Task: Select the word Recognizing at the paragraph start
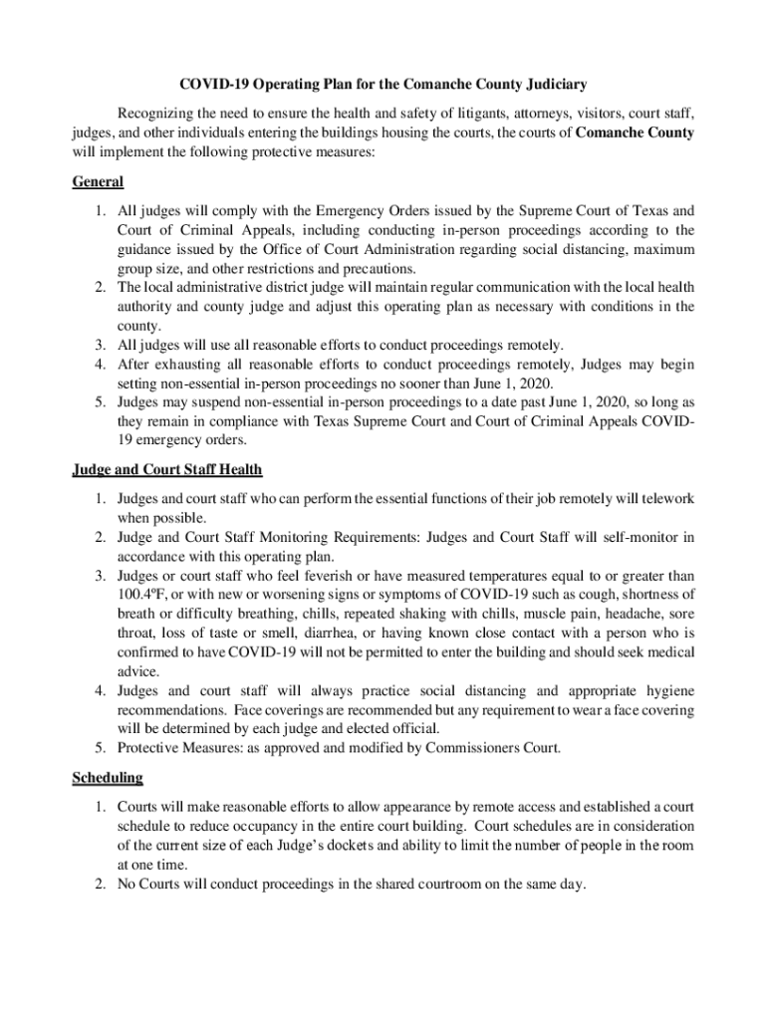click(x=157, y=114)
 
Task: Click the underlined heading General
click(x=98, y=182)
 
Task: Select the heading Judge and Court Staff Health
click(x=167, y=469)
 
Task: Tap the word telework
click(x=664, y=498)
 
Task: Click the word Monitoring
click(x=270, y=538)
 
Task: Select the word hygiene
click(x=669, y=691)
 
